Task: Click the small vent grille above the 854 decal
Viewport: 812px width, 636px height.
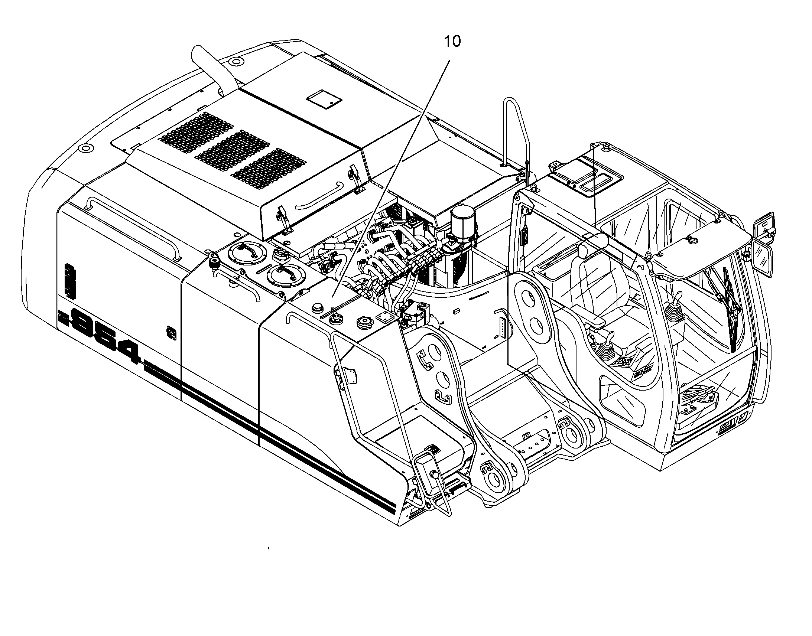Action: point(70,281)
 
